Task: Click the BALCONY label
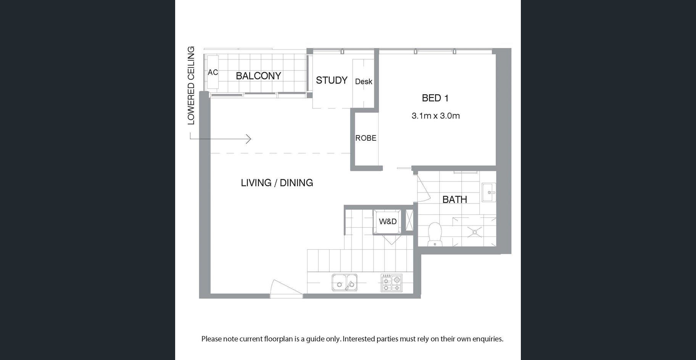(x=258, y=76)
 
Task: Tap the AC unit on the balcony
(x=213, y=72)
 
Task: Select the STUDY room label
(x=332, y=80)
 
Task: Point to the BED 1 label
(x=435, y=98)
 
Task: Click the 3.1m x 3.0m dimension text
(x=435, y=116)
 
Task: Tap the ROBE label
(x=366, y=138)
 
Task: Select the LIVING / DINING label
(x=277, y=183)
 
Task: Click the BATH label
(x=454, y=199)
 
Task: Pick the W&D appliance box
(x=387, y=221)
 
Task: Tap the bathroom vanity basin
(x=488, y=192)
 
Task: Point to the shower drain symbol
(x=475, y=231)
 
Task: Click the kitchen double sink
(x=345, y=283)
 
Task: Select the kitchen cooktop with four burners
(x=391, y=283)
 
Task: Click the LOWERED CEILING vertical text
(x=191, y=85)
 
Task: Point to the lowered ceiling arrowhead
(x=249, y=139)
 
